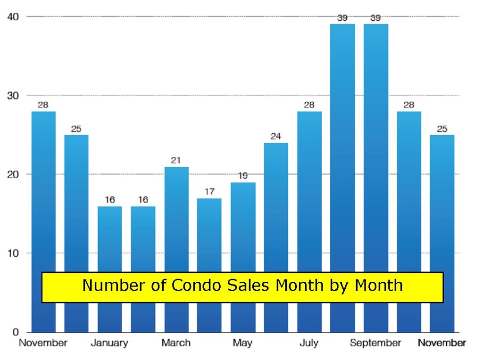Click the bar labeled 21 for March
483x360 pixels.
(x=176, y=250)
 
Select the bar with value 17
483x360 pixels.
(x=209, y=265)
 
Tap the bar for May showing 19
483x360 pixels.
(x=243, y=257)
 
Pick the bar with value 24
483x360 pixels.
(x=276, y=237)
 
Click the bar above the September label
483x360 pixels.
(x=376, y=178)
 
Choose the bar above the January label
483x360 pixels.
(x=109, y=269)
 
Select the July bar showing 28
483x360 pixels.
(x=309, y=222)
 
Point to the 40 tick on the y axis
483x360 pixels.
(x=13, y=16)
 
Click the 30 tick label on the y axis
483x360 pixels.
(x=13, y=96)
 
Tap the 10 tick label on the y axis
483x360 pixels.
(x=13, y=254)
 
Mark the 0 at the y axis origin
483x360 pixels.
(x=16, y=332)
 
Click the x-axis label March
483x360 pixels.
(x=176, y=343)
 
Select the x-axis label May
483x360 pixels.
(x=243, y=343)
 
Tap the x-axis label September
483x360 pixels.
(x=375, y=343)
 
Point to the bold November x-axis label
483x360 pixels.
(x=441, y=343)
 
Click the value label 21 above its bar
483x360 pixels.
(x=175, y=160)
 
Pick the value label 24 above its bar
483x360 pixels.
(x=275, y=136)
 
